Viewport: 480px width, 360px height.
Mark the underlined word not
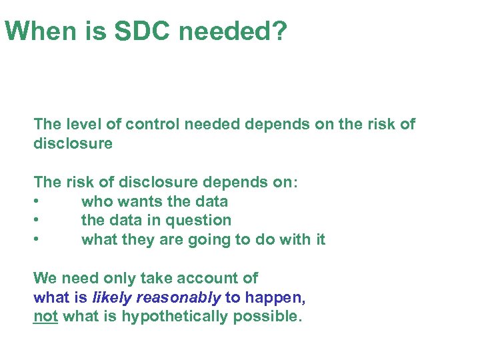pos(45,317)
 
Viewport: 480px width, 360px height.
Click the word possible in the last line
pos(267,317)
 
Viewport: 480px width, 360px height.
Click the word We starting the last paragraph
pos(45,278)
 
